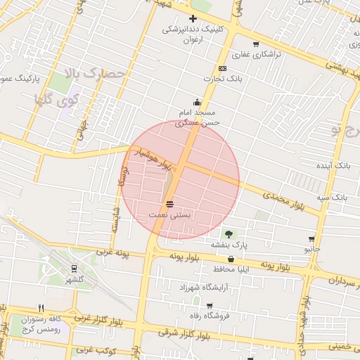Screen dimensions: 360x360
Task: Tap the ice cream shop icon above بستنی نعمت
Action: coord(169,204)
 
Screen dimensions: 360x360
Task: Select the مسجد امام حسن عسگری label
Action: coord(198,117)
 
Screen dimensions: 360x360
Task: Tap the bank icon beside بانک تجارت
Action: coord(222,68)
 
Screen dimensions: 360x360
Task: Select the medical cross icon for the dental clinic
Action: coord(193,18)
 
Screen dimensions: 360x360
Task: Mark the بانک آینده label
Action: coord(333,165)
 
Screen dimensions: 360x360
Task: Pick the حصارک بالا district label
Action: coord(94,73)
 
